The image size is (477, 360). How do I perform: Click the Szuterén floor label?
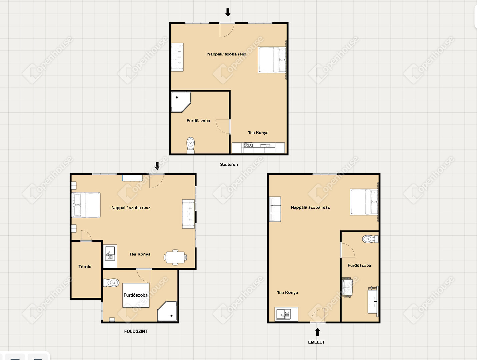click(x=229, y=164)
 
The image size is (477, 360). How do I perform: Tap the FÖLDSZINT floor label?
click(x=136, y=331)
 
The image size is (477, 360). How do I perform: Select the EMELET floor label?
click(x=316, y=342)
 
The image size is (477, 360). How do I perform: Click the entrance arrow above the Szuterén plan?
click(x=228, y=12)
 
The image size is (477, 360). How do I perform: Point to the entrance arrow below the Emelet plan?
click(x=317, y=332)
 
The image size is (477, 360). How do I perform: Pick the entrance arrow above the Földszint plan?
click(x=157, y=166)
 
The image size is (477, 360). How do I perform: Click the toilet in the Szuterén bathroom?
click(x=191, y=145)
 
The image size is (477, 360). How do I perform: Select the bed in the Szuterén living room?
click(x=272, y=60)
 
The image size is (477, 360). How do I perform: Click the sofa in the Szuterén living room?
click(x=177, y=57)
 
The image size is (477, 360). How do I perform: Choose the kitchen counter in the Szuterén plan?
click(x=258, y=148)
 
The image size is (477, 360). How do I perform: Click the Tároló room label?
click(x=85, y=267)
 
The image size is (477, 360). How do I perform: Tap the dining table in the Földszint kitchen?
click(x=175, y=257)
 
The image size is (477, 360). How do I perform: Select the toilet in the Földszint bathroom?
click(x=111, y=283)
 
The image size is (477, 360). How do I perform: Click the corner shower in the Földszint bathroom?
click(x=167, y=311)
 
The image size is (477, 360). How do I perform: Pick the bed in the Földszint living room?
click(x=86, y=205)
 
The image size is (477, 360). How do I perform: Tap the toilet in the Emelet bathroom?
click(x=370, y=239)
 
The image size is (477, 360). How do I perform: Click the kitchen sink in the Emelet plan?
click(x=286, y=314)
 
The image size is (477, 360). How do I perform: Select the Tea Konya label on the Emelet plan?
click(x=287, y=293)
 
